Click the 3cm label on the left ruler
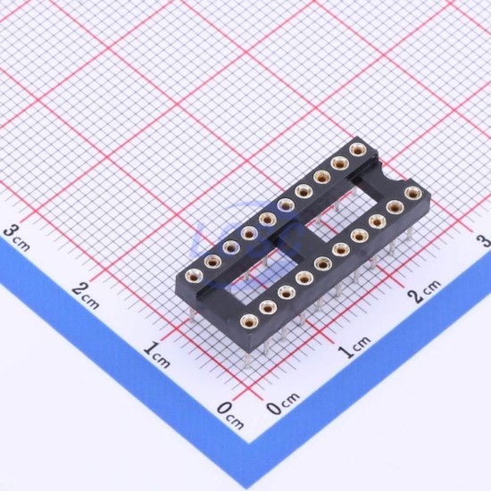pyautogui.click(x=17, y=238)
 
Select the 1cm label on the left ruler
pyautogui.click(x=157, y=354)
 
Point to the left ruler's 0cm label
pyautogui.click(x=230, y=414)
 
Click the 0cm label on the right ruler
pyautogui.click(x=283, y=404)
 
